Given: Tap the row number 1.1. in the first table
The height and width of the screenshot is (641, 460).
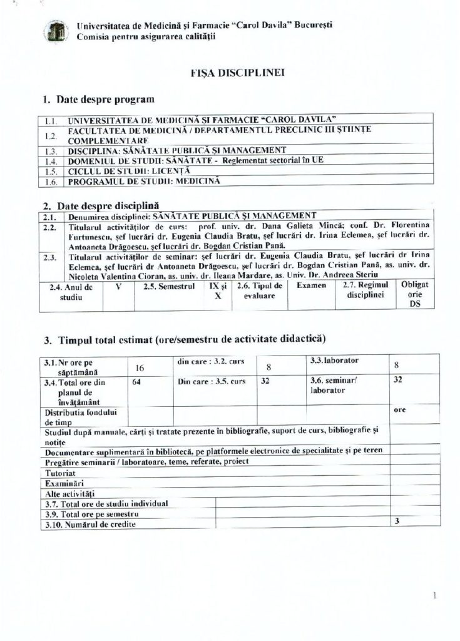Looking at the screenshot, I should click(52, 119).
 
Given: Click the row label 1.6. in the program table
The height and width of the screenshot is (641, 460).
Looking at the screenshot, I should click(52, 182).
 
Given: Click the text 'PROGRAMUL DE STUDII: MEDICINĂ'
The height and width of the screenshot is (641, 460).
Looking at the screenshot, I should click(143, 182).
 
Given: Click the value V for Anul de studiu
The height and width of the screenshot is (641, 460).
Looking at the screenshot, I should click(118, 286).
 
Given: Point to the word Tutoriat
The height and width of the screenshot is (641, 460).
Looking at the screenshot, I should click(61, 473).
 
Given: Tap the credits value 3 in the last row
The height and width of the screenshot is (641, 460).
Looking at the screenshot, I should click(397, 521).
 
